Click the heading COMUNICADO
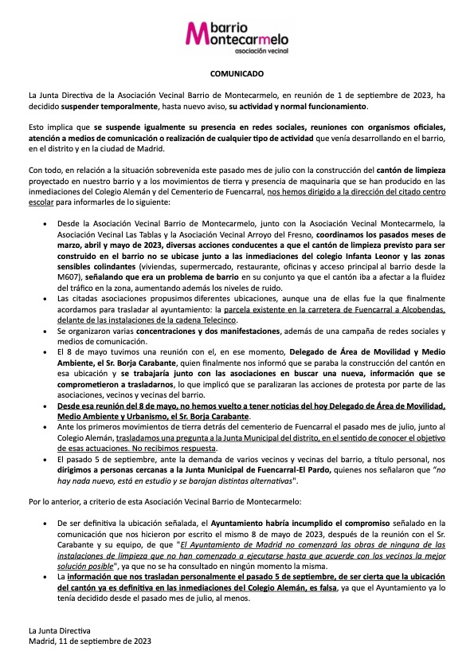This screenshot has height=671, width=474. [x=237, y=73]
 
